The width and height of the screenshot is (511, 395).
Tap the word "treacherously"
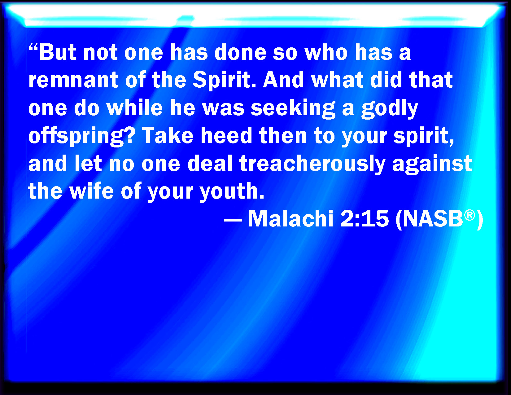coord(312,164)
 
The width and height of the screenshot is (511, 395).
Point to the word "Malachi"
coord(291,219)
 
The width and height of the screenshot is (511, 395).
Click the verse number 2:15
coord(364,219)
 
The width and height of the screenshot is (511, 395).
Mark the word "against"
coord(432,164)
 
